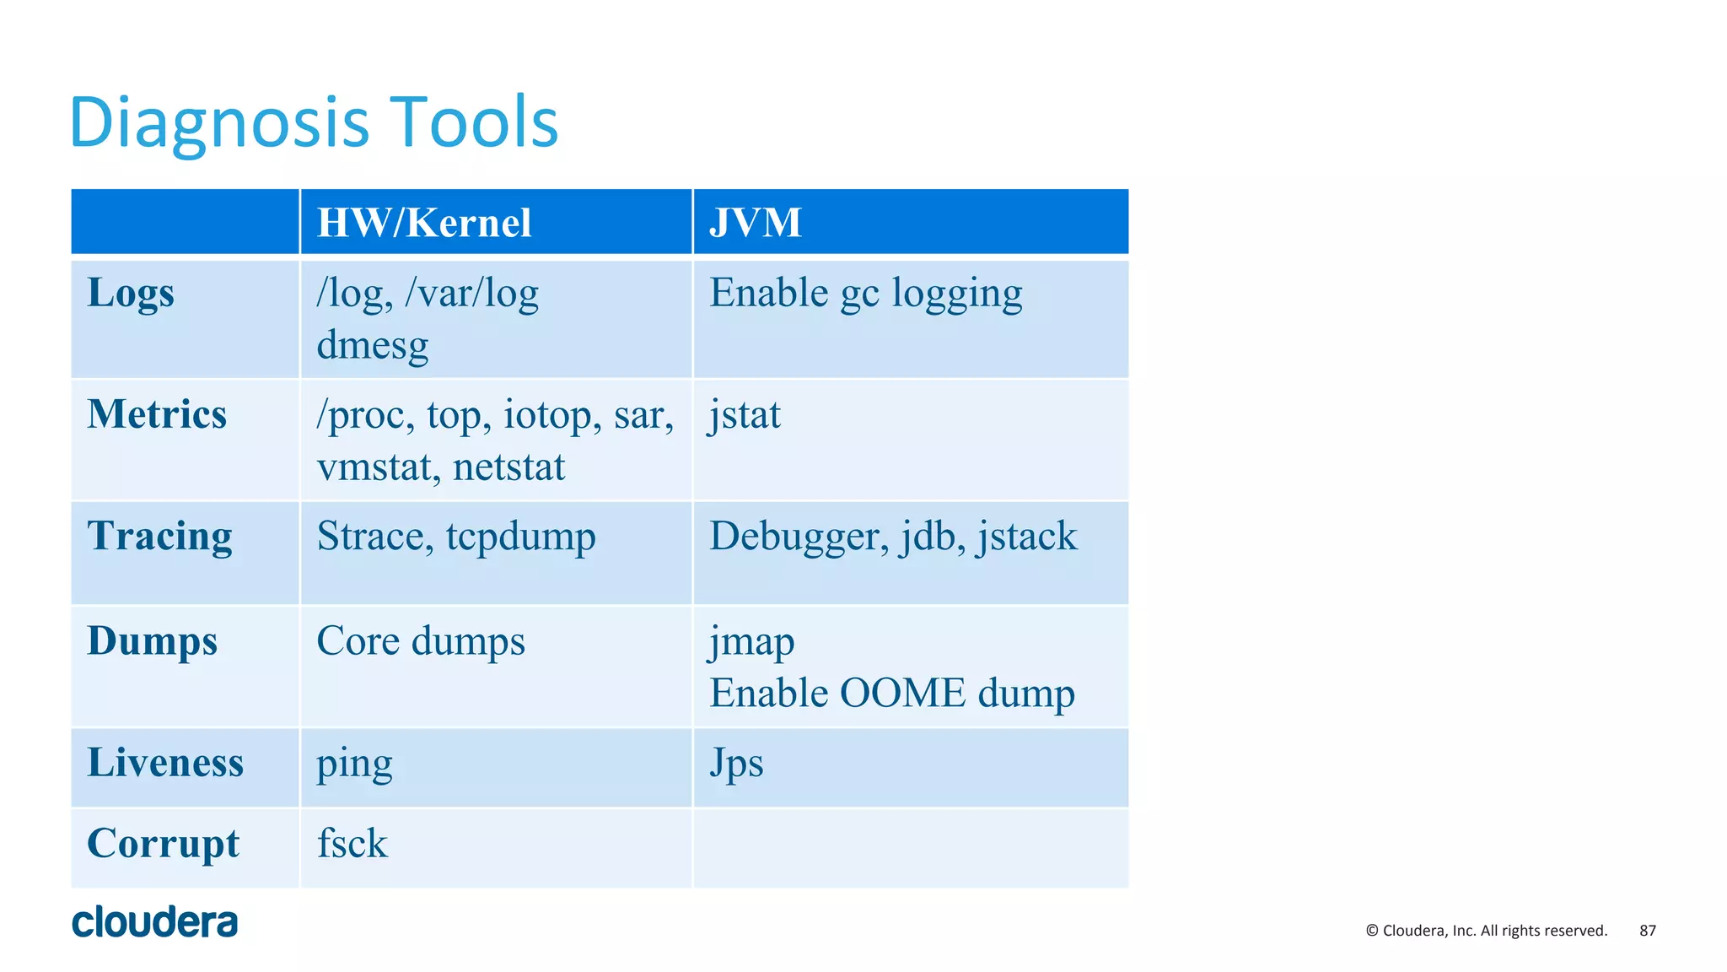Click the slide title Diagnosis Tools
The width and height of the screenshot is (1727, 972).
314,122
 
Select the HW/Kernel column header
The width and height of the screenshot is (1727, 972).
424,223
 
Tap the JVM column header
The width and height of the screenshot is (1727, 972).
755,223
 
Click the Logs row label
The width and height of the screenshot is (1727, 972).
131,294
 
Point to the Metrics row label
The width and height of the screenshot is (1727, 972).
157,414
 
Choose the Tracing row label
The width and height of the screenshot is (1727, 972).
159,536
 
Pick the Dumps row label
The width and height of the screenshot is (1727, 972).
153,640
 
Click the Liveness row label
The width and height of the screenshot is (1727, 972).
165,763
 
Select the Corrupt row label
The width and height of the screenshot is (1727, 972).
164,843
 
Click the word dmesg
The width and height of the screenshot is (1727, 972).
373,346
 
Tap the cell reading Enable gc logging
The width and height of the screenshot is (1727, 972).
865,294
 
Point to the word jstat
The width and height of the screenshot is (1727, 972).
745,415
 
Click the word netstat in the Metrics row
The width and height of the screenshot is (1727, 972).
508,467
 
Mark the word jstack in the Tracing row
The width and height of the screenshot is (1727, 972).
1026,537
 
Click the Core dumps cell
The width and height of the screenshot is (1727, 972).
421,641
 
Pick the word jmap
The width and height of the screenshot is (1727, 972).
751,643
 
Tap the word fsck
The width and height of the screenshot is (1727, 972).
352,843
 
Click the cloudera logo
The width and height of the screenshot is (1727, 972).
155,922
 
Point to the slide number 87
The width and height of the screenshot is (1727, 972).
1648,931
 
